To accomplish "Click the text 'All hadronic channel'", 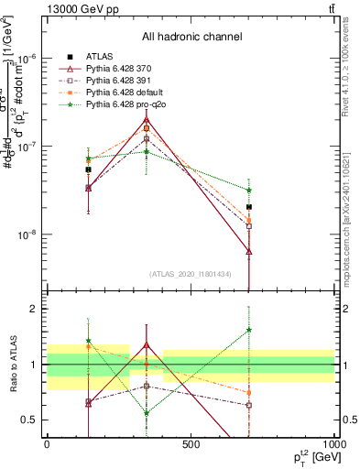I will tap(191, 38).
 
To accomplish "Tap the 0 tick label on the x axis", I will tap(47, 446).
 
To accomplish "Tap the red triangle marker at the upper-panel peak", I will tap(147, 119).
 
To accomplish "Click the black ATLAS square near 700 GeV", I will tap(249, 207).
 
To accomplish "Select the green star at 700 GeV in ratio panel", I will tap(249, 330).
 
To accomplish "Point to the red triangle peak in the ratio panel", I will tap(147, 345).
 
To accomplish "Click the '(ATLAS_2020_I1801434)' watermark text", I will tap(191, 274).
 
